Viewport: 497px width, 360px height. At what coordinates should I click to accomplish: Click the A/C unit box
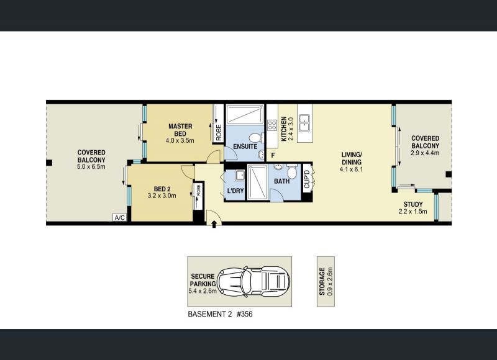[120, 217]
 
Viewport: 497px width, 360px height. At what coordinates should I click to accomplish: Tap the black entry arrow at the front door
[214, 224]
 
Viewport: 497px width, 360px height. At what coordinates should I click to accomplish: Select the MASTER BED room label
[180, 130]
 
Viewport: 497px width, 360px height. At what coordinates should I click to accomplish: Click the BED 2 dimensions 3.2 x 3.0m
[162, 196]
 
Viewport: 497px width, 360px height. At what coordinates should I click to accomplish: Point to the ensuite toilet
[255, 138]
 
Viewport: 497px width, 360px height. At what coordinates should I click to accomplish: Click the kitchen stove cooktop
[272, 125]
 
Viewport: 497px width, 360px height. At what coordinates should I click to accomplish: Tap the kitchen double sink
[305, 123]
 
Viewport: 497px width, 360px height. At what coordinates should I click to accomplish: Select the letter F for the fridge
[273, 155]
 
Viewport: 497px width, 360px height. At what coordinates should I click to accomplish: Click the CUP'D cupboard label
[307, 179]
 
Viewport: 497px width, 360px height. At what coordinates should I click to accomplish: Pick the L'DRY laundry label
[235, 191]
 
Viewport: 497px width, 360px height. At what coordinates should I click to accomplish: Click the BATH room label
[282, 181]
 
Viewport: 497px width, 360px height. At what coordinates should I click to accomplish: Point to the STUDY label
[413, 204]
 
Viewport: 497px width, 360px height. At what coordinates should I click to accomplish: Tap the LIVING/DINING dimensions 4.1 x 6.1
[351, 169]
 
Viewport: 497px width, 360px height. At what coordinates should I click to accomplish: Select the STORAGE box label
[322, 281]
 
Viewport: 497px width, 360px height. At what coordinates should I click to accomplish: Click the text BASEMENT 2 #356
[221, 314]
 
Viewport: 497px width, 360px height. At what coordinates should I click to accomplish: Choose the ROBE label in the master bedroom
[219, 132]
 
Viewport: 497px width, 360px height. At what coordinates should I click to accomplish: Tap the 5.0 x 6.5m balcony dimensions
[91, 166]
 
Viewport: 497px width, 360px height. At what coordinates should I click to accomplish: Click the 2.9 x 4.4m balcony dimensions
[425, 153]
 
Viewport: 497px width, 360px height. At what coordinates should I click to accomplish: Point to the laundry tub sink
[240, 175]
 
